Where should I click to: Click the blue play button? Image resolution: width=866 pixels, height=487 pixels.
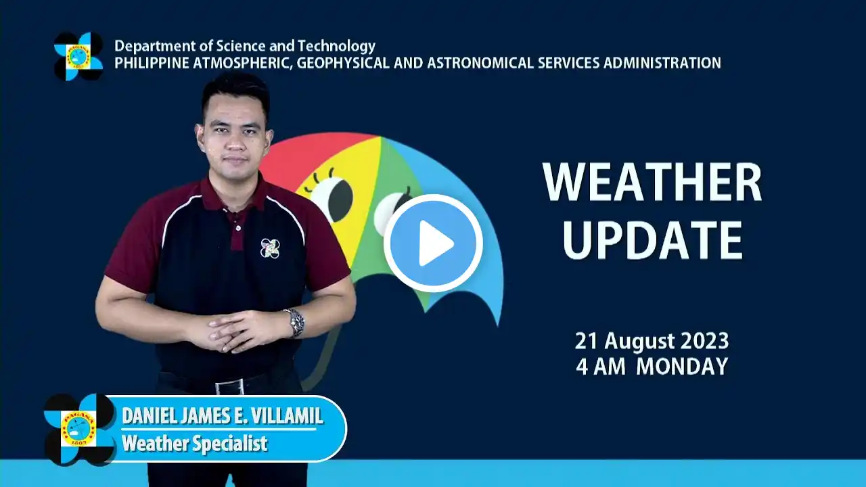pyautogui.click(x=433, y=243)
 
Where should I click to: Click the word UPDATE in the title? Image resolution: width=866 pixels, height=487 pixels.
pyautogui.click(x=652, y=240)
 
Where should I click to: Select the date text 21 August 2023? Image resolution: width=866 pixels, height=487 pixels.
pyautogui.click(x=652, y=341)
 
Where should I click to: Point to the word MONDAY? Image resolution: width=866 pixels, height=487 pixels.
pyautogui.click(x=682, y=367)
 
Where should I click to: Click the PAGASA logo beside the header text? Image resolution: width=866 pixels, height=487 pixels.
pyautogui.click(x=78, y=56)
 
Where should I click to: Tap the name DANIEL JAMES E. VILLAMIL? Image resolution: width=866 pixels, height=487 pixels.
pyautogui.click(x=223, y=416)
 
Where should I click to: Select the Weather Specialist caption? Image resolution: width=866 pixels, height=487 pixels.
pyautogui.click(x=195, y=443)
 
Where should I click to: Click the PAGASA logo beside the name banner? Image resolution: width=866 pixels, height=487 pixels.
pyautogui.click(x=78, y=429)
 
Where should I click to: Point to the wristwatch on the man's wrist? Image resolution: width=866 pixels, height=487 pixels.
pyautogui.click(x=296, y=323)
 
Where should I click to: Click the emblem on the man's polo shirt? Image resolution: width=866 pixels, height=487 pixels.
pyautogui.click(x=270, y=248)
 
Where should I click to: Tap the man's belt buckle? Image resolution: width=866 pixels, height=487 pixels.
pyautogui.click(x=229, y=387)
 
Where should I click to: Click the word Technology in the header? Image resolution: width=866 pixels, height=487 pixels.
pyautogui.click(x=336, y=47)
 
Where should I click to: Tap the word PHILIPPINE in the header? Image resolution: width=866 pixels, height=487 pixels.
pyautogui.click(x=152, y=63)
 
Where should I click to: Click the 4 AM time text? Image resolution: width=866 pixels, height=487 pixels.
pyautogui.click(x=600, y=367)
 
